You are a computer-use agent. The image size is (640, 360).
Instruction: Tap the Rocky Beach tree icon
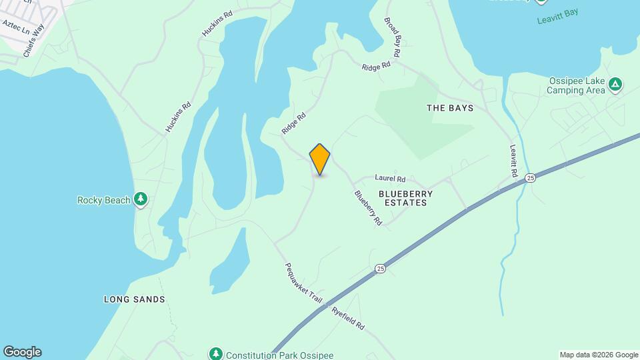click(140, 199)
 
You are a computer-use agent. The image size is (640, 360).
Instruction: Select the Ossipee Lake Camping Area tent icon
click(617, 85)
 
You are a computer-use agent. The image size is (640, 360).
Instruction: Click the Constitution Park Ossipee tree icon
click(215, 353)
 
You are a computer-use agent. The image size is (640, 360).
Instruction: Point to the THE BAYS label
click(449, 108)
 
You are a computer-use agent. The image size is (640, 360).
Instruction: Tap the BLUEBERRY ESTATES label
click(405, 198)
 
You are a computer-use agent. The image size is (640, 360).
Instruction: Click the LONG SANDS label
click(134, 299)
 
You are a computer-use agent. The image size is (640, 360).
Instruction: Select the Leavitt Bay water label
click(558, 16)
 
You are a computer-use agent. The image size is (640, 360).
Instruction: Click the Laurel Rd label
click(390, 179)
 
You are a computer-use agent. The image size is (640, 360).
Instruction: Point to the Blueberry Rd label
click(368, 207)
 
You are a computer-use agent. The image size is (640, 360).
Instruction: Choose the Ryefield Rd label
click(348, 317)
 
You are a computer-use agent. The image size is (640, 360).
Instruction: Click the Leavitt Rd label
click(514, 161)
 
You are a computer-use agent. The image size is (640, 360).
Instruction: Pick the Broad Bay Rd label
click(393, 31)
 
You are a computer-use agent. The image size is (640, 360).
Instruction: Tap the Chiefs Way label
click(33, 41)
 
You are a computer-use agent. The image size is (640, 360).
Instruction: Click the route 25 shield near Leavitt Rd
click(530, 177)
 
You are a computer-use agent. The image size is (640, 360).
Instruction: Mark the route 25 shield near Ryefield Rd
click(380, 268)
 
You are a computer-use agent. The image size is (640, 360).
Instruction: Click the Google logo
click(21, 352)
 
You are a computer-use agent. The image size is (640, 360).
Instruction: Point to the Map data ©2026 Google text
click(599, 355)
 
